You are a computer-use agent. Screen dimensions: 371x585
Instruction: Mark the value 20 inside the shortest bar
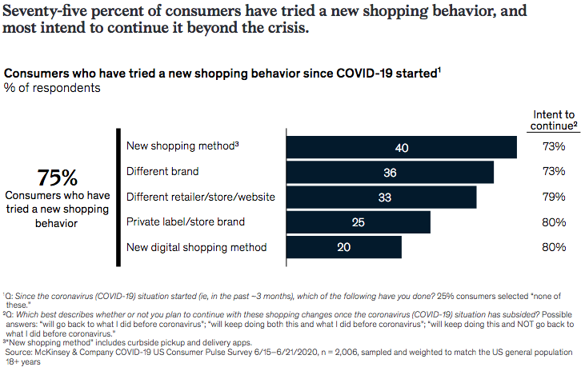point(344,247)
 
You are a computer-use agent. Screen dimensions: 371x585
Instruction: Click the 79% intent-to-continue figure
point(554,197)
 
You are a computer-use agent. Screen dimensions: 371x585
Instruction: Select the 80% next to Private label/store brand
point(554,221)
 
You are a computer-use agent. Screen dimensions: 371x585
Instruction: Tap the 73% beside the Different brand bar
point(554,171)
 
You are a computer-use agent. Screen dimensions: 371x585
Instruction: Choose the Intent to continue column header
point(554,120)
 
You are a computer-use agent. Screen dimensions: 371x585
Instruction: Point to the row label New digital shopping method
point(196,247)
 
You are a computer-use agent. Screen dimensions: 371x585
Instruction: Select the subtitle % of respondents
point(52,88)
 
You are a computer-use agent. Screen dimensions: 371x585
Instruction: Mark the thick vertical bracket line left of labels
point(118,195)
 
